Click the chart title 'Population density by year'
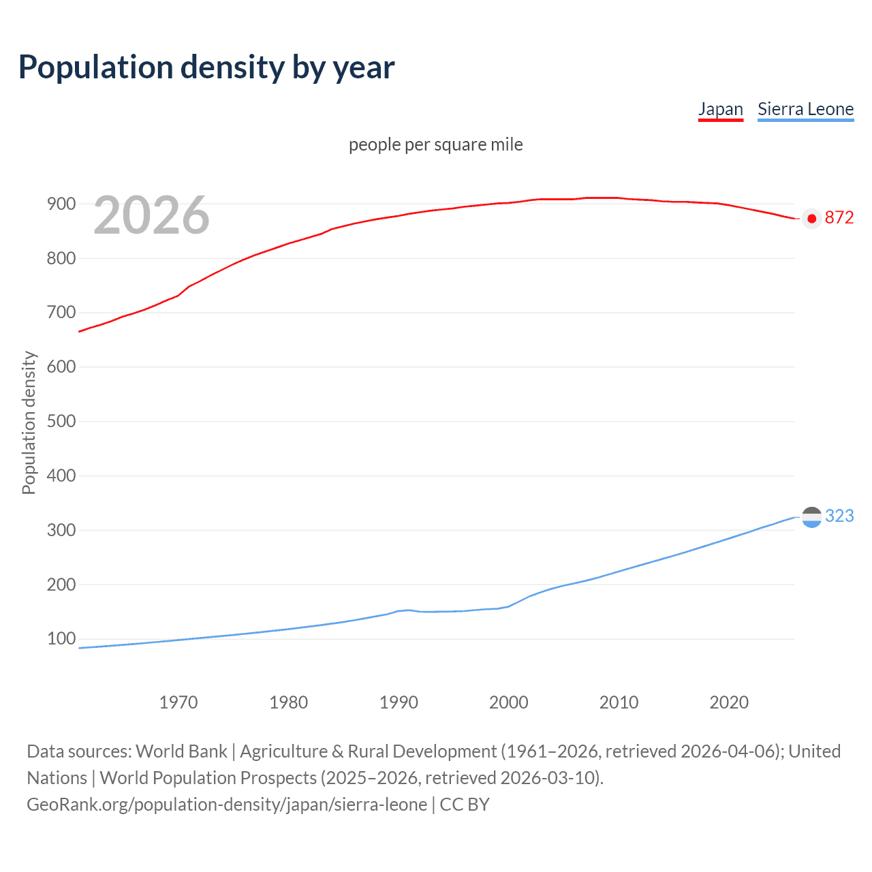pos(206,67)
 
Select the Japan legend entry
pos(720,109)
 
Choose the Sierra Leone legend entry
pos(805,109)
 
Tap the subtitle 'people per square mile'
pos(435,144)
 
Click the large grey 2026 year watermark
pos(151,215)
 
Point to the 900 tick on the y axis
pos(61,204)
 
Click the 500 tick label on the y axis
pos(61,421)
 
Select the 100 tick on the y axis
pos(61,638)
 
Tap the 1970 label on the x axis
pos(178,702)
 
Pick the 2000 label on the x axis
pos(508,702)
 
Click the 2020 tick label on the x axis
pos(729,702)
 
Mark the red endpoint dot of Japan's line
pos(811,219)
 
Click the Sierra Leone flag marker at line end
pos(811,517)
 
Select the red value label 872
pos(839,217)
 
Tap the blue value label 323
pos(839,516)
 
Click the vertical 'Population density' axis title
pos(29,422)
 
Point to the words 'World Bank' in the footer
pos(181,751)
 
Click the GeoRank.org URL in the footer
pos(227,805)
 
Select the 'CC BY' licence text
pos(465,805)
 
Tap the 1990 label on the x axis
pos(399,702)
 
